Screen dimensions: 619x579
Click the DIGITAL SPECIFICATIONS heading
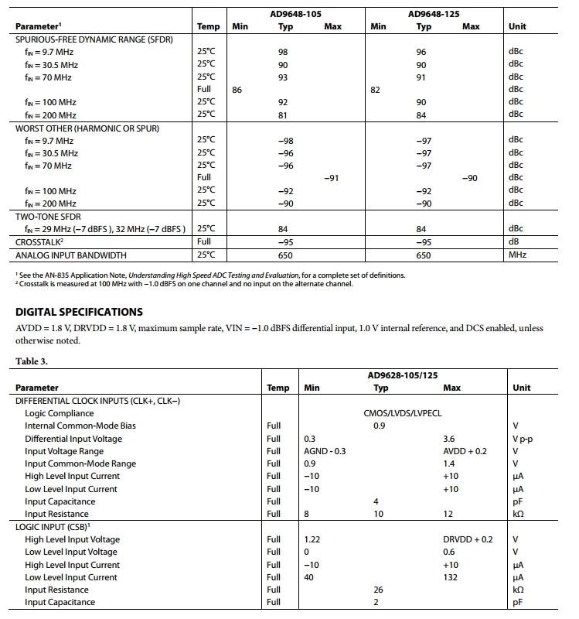coord(79,312)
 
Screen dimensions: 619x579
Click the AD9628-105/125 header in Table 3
coord(402,375)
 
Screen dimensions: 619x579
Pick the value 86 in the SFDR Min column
coord(237,90)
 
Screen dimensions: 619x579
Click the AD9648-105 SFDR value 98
coord(283,53)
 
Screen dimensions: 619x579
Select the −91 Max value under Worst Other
coord(332,178)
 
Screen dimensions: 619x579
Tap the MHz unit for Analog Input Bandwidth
coord(516,255)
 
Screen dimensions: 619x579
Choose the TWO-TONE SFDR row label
coord(48,216)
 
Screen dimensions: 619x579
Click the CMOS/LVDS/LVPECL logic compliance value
coord(402,413)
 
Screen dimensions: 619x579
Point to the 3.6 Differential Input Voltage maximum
coord(449,439)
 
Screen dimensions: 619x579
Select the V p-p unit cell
coord(523,439)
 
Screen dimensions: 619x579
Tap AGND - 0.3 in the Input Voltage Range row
coord(325,451)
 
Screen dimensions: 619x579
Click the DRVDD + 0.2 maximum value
coord(467,539)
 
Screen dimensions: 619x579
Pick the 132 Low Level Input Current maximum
coord(451,577)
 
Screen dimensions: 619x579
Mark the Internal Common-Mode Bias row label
coord(80,426)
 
